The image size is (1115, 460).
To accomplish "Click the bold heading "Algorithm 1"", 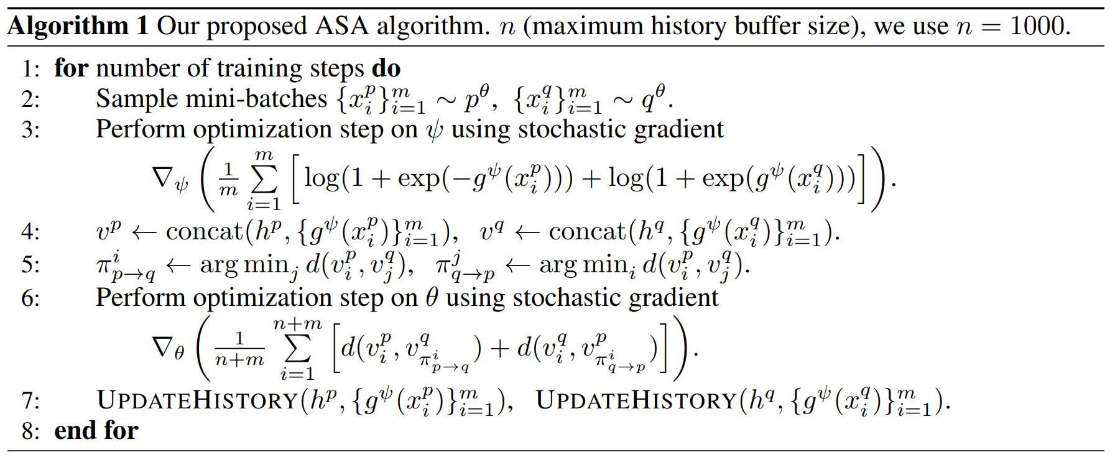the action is [78, 26].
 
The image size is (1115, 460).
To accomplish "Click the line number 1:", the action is [30, 68].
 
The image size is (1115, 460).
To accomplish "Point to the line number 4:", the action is [30, 232].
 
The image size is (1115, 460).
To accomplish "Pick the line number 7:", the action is [30, 401].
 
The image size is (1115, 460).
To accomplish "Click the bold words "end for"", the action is [96, 430].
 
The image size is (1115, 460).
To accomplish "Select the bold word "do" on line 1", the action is [386, 68].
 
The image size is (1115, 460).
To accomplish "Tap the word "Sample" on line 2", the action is [133, 99].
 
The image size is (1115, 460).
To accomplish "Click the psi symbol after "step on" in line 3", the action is [434, 131].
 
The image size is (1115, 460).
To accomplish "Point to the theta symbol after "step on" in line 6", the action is [432, 298].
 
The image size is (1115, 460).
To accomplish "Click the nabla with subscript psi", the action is [169, 179].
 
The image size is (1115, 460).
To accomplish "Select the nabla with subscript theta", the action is [168, 347].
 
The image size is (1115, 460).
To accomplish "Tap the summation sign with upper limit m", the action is [264, 180].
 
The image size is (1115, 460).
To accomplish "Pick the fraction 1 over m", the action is [229, 179].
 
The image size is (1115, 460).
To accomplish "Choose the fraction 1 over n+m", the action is [239, 349].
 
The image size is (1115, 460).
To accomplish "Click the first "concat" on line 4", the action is [205, 232].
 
